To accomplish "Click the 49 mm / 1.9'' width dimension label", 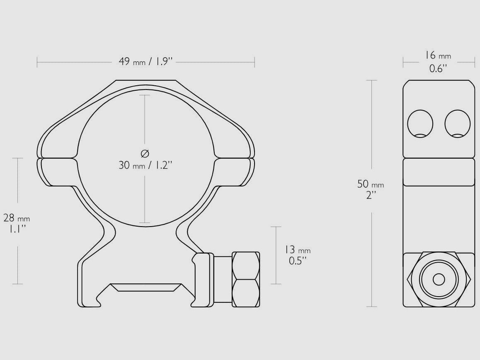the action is click(146, 61).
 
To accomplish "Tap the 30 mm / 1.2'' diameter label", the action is click(146, 165).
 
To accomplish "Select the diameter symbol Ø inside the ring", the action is click(145, 153).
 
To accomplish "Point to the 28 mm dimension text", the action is click(17, 218).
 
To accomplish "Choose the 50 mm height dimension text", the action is click(371, 184).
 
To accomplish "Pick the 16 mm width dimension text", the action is click(438, 56).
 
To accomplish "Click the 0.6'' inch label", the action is click(439, 68).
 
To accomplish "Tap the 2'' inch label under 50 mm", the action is click(371, 195).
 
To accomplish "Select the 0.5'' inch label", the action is click(298, 261).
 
